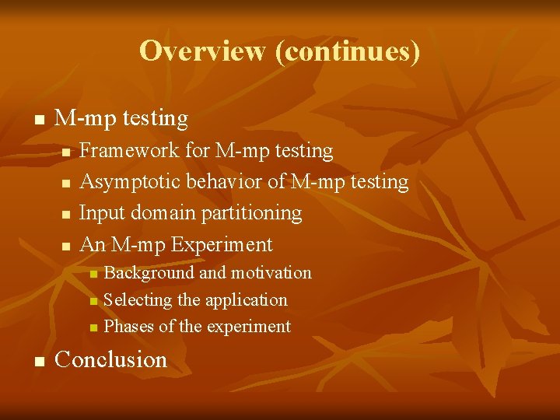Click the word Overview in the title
click(x=202, y=51)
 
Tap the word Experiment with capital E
click(x=222, y=244)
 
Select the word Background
click(x=149, y=273)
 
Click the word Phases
click(x=129, y=327)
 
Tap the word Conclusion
click(x=111, y=359)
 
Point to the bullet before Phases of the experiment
click(x=93, y=328)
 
